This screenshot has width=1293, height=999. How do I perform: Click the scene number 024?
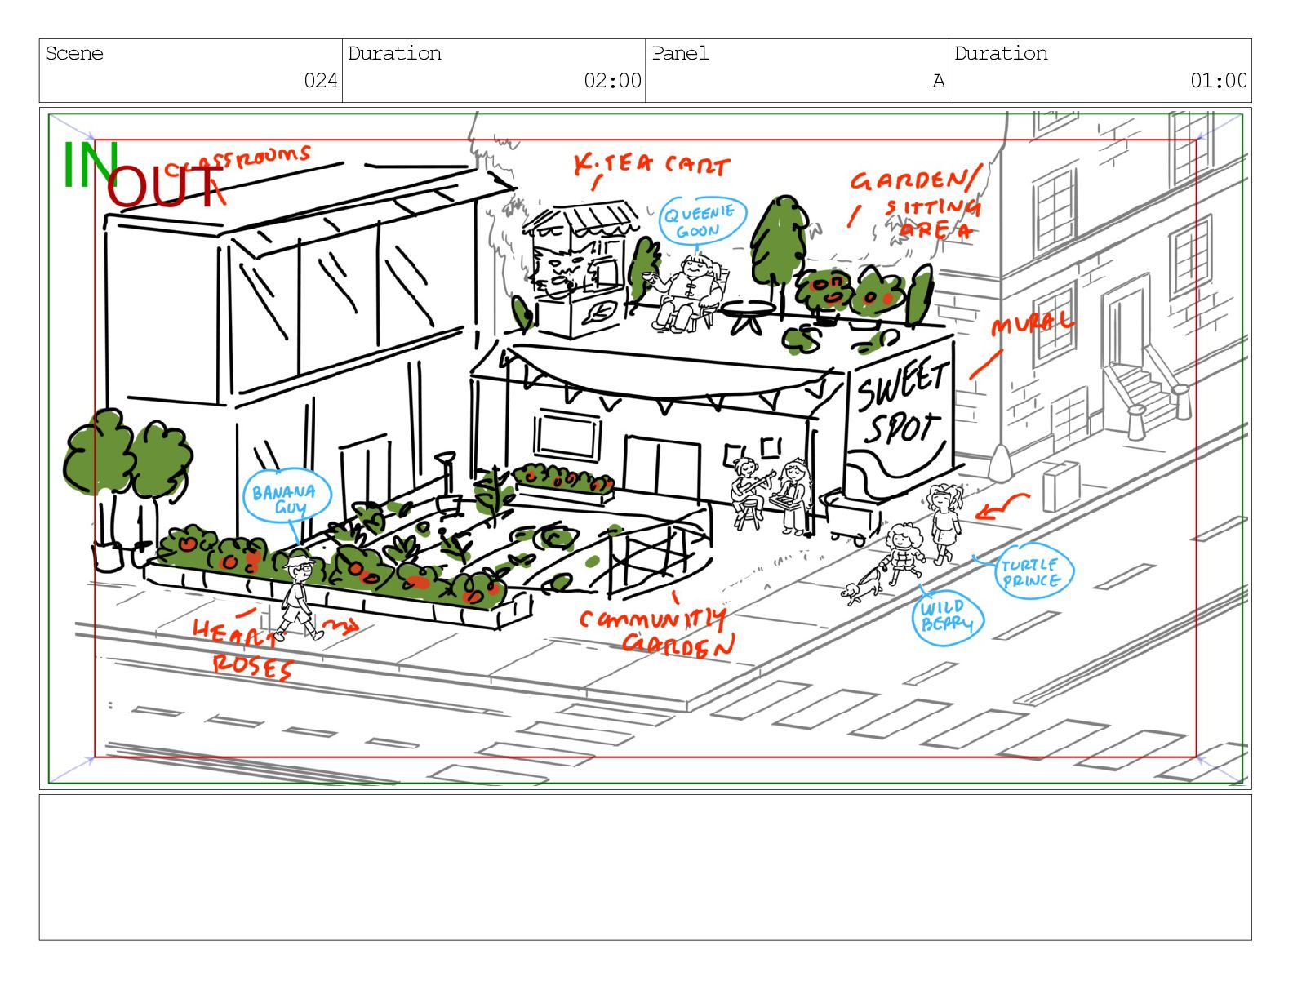(x=321, y=81)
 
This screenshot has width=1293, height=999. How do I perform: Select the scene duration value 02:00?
(x=612, y=81)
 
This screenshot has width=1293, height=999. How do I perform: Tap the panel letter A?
(x=938, y=81)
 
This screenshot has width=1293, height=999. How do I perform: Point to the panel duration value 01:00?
(x=1218, y=81)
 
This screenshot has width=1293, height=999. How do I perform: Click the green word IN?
(x=90, y=165)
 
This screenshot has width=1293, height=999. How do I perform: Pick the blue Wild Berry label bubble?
(x=947, y=618)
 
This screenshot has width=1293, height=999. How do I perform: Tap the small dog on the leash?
(x=853, y=591)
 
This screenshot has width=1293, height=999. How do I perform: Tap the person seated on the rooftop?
(x=691, y=290)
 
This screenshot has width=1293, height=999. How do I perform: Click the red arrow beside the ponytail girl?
(x=1001, y=507)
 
